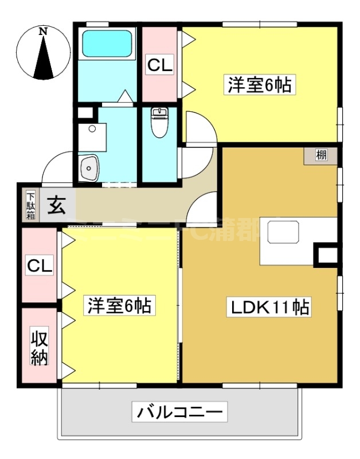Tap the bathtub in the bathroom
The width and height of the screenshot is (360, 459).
pos(107,44)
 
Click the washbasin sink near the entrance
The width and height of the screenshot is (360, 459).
pos(89,168)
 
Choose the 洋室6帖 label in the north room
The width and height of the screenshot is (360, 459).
pos(260,85)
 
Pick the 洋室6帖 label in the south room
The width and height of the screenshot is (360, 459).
pos(119,306)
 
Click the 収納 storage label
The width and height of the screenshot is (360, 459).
pos(40,347)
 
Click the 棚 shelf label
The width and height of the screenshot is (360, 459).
pos(321,155)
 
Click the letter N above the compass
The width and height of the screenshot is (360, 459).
pos(43,32)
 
